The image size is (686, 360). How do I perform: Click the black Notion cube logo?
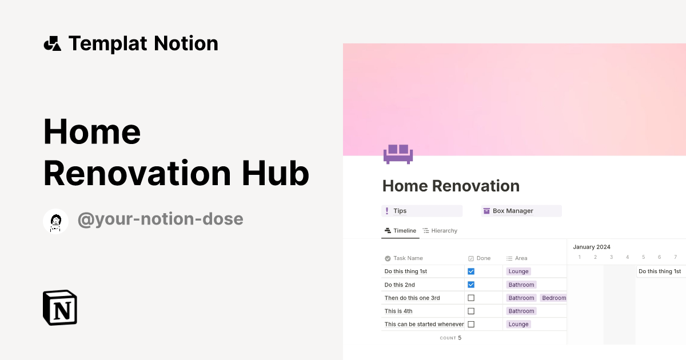tap(60, 308)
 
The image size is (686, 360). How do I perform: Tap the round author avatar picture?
tap(56, 221)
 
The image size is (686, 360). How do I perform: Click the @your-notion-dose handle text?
tap(160, 219)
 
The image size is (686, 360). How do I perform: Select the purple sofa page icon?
tap(398, 153)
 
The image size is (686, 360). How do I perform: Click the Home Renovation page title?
tap(450, 186)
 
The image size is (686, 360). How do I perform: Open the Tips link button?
tap(422, 211)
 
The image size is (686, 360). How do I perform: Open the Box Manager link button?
tap(521, 211)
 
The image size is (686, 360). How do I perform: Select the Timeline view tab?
tap(400, 231)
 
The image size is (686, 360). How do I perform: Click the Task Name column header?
tap(408, 258)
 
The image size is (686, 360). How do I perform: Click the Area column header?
tap(520, 258)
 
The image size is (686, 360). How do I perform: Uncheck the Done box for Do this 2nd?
tap(471, 285)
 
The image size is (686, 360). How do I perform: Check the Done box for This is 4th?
tap(471, 311)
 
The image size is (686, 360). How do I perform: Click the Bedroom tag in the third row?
tap(553, 298)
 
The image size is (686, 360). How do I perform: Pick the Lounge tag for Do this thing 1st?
tap(519, 271)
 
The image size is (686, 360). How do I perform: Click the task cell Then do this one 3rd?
tap(412, 298)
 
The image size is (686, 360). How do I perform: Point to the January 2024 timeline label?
tap(592, 247)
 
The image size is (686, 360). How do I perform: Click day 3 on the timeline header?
tap(611, 257)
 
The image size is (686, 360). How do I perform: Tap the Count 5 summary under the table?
tap(450, 338)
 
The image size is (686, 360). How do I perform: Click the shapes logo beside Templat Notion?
tap(53, 43)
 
